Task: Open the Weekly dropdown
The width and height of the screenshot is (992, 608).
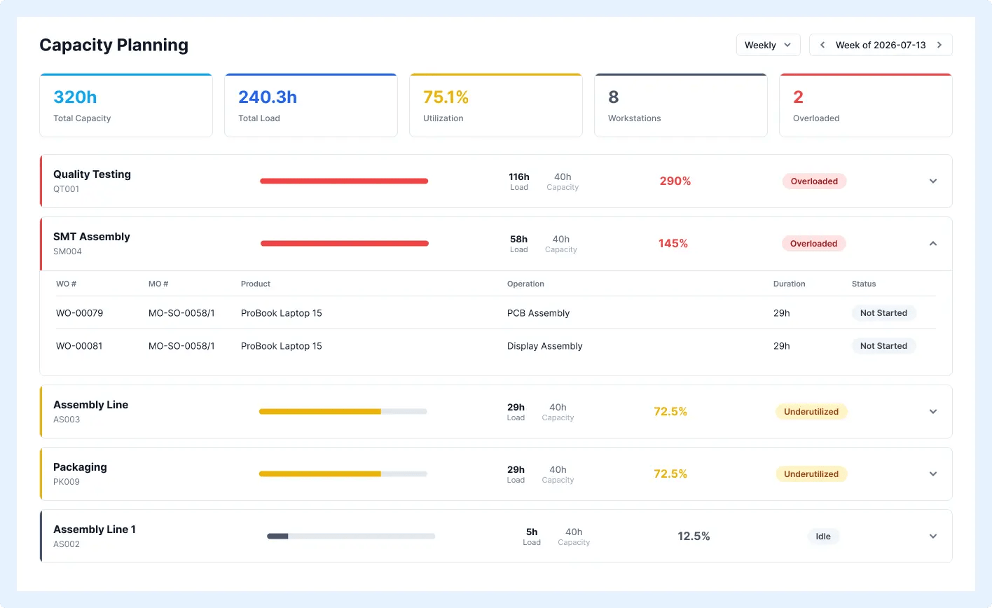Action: point(768,45)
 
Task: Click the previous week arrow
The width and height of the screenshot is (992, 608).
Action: point(822,45)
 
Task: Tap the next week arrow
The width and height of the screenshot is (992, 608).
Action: point(939,45)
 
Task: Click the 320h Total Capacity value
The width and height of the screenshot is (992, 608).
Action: point(75,97)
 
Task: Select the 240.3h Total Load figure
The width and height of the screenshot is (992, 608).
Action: point(268,97)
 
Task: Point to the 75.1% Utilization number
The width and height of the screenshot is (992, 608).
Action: point(446,97)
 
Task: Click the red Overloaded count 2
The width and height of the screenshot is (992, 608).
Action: point(798,97)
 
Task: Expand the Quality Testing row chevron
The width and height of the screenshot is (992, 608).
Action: point(933,181)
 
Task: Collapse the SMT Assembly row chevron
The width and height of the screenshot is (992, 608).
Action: point(933,244)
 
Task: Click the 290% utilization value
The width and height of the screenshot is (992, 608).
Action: point(675,181)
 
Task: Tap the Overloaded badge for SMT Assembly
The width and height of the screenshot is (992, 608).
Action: point(813,244)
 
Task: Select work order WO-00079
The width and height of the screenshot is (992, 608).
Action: point(79,313)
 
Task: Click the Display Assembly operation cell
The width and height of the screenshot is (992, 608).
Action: point(545,346)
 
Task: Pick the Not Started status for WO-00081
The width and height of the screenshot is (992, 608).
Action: point(883,346)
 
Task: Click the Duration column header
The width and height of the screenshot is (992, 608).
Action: point(789,284)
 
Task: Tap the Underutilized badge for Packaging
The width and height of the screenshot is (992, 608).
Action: point(811,474)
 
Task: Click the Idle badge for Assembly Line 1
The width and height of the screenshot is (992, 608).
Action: point(823,537)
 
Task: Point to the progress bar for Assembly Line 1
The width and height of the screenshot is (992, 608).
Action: point(351,537)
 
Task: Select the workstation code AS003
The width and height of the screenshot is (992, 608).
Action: point(67,420)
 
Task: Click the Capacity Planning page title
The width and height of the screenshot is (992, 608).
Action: point(113,45)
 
